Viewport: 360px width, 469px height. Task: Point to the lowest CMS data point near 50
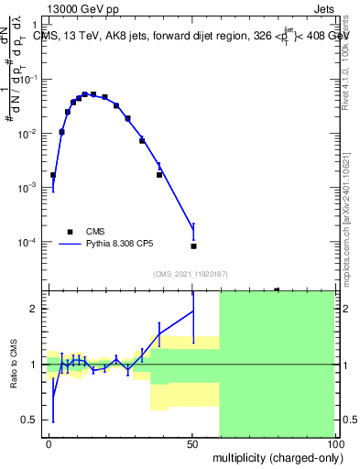click(x=193, y=246)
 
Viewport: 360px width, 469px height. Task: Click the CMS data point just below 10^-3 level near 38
click(x=159, y=174)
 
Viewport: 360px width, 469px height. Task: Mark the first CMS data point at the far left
click(x=53, y=175)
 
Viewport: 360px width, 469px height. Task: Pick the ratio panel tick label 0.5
click(x=32, y=420)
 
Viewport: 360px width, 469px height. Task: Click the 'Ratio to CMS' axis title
click(x=13, y=364)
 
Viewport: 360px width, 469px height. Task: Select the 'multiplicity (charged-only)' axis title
click(x=276, y=456)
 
